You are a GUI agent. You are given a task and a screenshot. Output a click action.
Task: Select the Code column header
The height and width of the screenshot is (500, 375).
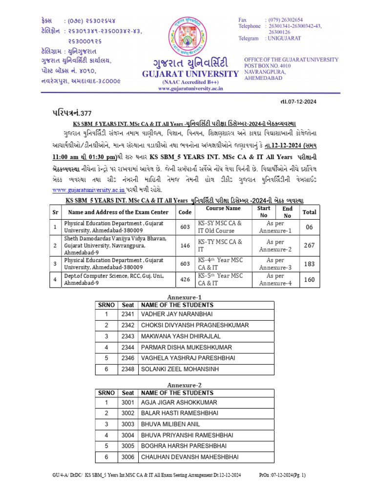click(x=185, y=212)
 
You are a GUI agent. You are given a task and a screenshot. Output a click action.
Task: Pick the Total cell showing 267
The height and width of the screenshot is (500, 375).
click(x=309, y=246)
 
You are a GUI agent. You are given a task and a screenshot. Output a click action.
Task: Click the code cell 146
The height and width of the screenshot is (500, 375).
click(x=185, y=246)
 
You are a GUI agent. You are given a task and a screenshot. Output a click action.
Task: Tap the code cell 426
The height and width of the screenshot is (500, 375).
click(x=185, y=279)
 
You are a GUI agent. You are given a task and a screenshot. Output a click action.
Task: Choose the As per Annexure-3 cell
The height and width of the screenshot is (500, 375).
click(x=275, y=264)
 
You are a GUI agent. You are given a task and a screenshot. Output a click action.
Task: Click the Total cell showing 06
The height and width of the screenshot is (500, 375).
click(x=309, y=227)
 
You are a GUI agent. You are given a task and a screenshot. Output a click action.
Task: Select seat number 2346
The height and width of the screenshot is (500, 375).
click(x=128, y=358)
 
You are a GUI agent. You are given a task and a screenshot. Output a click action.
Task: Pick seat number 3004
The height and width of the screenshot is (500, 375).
click(x=128, y=435)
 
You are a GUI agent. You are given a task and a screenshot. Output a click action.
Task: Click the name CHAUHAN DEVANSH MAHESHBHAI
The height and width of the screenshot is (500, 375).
click(x=189, y=457)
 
